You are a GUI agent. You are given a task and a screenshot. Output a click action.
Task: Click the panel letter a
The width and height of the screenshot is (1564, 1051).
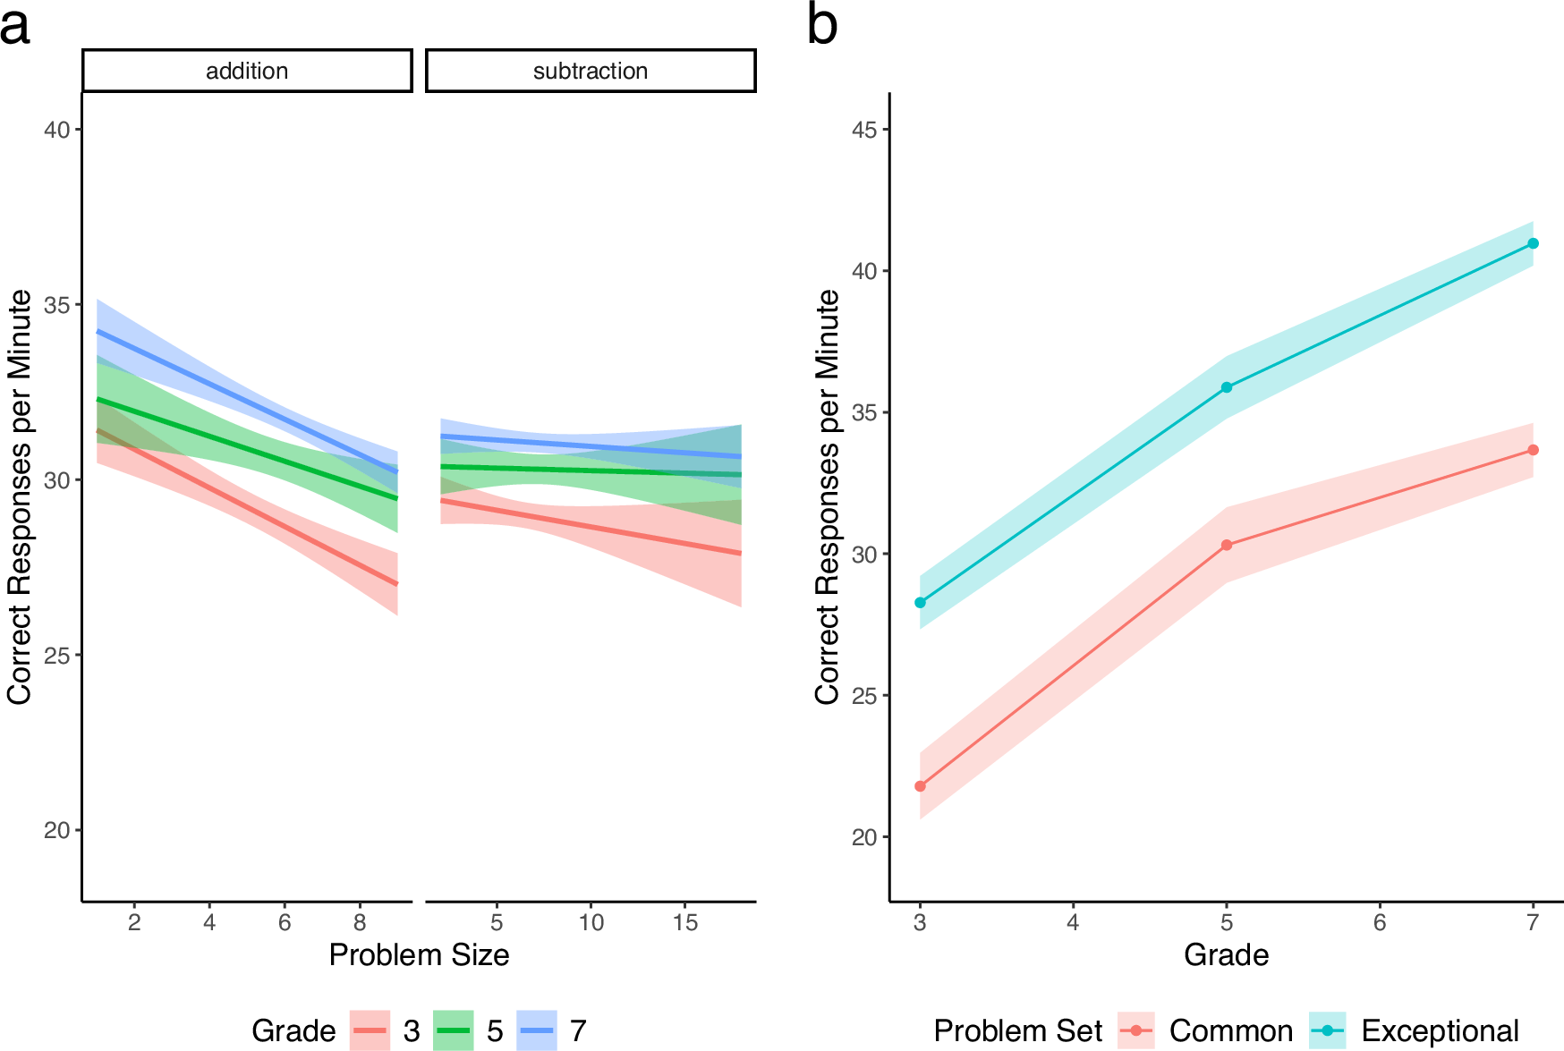click(15, 27)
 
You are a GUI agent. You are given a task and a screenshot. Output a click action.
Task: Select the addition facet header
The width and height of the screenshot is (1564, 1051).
click(247, 71)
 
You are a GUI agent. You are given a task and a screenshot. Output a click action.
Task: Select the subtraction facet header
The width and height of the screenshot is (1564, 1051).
click(591, 71)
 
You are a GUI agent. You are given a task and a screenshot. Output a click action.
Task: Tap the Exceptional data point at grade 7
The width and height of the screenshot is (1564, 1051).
click(1533, 243)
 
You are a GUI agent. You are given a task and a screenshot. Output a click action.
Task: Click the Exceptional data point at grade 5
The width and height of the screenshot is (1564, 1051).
click(1227, 387)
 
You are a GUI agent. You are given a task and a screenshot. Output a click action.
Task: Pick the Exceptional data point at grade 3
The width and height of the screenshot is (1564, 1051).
click(920, 603)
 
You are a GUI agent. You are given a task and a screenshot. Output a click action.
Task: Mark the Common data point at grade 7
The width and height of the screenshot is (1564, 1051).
click(1533, 450)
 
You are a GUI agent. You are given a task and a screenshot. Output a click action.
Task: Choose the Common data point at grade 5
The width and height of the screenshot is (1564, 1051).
click(1227, 545)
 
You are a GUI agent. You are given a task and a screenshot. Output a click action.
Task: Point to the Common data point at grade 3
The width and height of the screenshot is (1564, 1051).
click(920, 786)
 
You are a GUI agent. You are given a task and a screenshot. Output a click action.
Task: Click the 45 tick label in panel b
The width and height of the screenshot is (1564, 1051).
click(863, 130)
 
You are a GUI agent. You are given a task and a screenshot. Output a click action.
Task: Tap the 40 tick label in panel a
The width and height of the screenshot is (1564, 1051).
click(56, 130)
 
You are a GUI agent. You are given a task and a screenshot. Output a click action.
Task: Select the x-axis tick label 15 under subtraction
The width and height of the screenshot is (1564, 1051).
click(684, 922)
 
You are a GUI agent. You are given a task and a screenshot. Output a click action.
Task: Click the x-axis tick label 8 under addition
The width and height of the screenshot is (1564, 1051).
click(360, 922)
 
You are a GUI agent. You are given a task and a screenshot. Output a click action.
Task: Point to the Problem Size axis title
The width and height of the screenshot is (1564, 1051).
click(419, 955)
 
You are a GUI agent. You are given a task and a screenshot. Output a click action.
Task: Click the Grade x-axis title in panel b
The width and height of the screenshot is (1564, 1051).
click(1226, 955)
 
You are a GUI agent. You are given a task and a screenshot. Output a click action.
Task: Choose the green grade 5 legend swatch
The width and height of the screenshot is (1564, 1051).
click(453, 1030)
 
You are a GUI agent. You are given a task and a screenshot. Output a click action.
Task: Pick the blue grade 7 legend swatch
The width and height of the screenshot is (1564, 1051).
click(537, 1030)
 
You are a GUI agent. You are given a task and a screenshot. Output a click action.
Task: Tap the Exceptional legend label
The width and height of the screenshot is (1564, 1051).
click(1440, 1031)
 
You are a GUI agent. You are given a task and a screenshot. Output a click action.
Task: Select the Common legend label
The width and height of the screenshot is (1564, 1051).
click(1230, 1031)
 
